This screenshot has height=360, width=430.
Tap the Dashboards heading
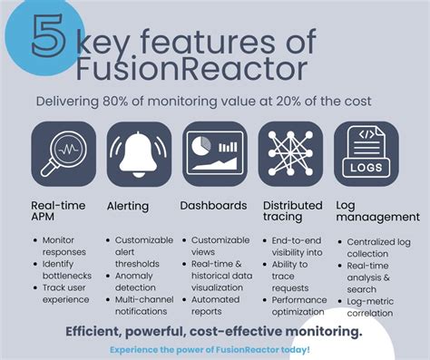212,205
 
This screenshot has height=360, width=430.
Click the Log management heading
377,211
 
